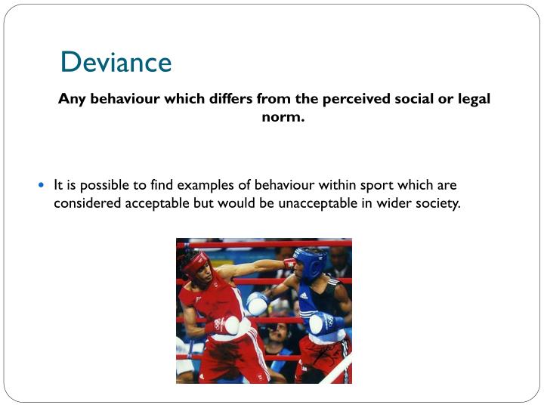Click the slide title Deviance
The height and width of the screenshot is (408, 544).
point(116,62)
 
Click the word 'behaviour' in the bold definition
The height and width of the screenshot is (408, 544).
point(120,99)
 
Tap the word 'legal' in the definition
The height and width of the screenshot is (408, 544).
point(472,99)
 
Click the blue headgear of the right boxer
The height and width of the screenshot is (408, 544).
point(310,261)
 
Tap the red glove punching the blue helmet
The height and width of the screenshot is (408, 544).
point(289,262)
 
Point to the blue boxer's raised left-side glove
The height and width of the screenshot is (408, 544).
point(257,303)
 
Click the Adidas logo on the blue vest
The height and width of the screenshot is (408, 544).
point(303,296)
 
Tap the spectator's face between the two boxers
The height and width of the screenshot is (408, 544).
point(279,332)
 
